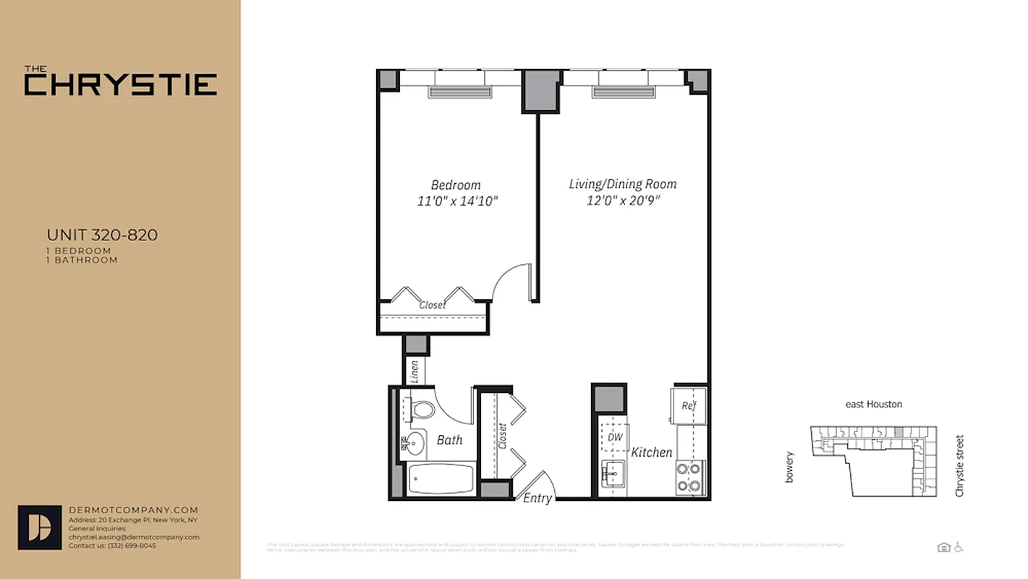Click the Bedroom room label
[456, 185]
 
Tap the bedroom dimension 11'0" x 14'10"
[457, 201]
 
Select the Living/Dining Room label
[623, 184]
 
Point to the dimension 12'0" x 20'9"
[624, 200]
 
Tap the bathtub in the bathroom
[440, 479]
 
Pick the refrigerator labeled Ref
[688, 405]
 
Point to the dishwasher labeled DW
[615, 437]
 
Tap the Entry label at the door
[538, 498]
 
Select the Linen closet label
[415, 371]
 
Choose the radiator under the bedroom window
[460, 92]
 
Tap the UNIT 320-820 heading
[102, 234]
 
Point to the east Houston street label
[874, 404]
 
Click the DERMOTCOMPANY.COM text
[132, 510]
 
